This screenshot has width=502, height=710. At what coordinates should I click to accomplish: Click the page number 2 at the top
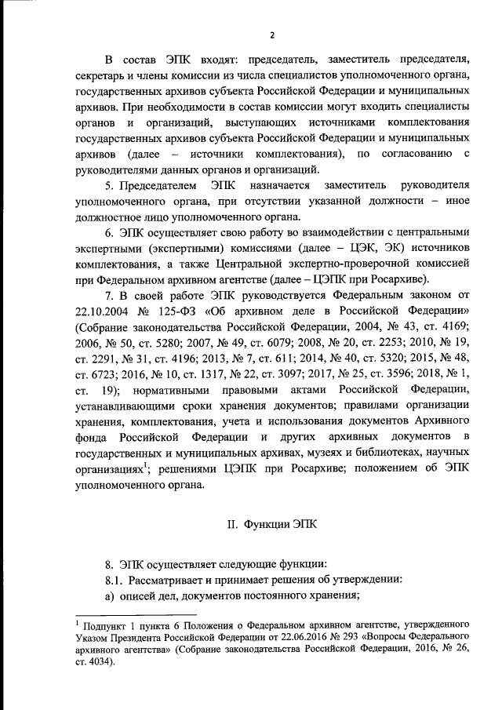[272, 35]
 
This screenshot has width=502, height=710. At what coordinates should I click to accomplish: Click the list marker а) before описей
[110, 595]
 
